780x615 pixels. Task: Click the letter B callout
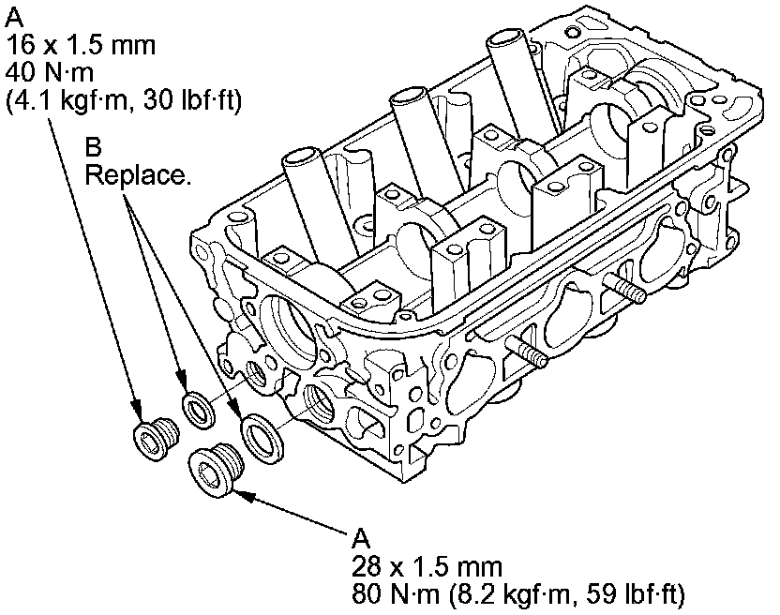[93, 148]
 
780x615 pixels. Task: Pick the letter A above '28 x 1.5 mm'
[361, 540]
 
